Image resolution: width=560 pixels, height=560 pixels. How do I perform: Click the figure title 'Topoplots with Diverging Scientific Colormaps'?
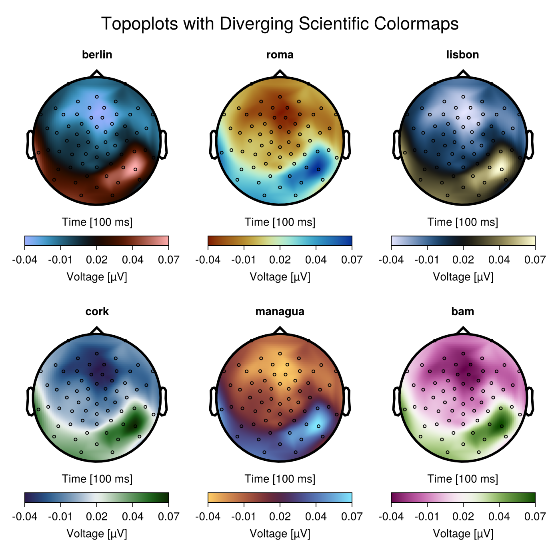(x=280, y=24)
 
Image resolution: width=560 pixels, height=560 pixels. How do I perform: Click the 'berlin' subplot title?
(x=97, y=55)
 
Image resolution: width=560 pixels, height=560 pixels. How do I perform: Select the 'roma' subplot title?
(x=280, y=55)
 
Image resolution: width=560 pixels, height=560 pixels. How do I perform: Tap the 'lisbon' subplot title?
(x=462, y=55)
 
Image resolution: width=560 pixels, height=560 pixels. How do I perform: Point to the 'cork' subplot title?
(x=97, y=312)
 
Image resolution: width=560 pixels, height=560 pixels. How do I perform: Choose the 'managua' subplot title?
(x=280, y=312)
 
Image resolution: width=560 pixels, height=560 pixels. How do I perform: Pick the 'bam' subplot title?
(x=462, y=312)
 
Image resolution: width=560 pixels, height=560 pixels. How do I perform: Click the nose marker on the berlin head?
(x=96, y=74)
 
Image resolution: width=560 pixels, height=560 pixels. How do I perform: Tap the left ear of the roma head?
(x=213, y=144)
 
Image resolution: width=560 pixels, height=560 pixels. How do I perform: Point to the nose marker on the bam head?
(x=463, y=330)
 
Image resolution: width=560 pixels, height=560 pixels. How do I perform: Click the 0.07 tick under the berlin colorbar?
(x=168, y=260)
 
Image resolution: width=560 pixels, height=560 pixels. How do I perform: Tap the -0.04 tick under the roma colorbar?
(x=208, y=260)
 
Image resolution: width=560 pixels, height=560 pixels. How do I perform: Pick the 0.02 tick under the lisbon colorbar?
(x=463, y=260)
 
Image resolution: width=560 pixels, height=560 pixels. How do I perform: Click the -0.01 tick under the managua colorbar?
(x=244, y=517)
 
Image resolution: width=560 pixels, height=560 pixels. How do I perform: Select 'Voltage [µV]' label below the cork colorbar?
(x=97, y=534)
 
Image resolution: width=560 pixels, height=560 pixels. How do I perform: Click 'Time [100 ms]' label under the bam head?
(x=463, y=479)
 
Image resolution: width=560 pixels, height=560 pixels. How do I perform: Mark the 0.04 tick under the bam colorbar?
(x=499, y=517)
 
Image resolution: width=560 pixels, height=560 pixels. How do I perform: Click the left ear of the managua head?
(x=213, y=401)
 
